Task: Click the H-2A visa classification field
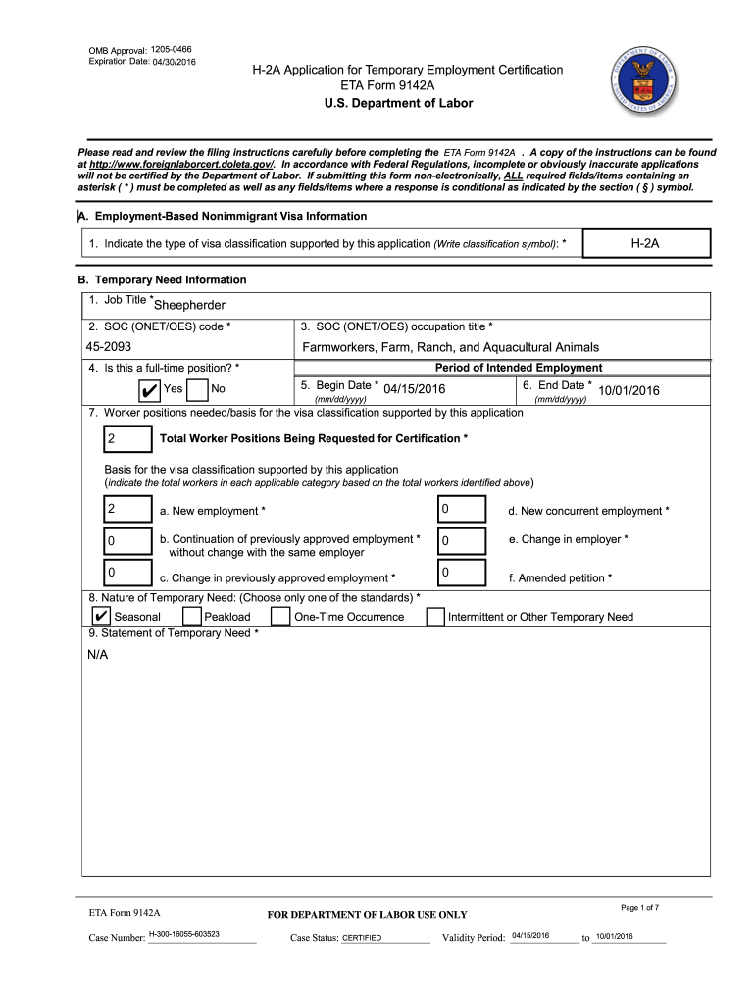click(x=644, y=243)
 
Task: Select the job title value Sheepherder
click(x=190, y=306)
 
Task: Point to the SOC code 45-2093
click(x=110, y=347)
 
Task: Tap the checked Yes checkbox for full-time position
click(x=149, y=391)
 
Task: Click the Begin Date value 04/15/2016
click(x=415, y=390)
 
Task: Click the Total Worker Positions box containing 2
click(x=127, y=438)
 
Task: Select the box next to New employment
click(x=127, y=510)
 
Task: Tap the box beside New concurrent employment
click(x=462, y=510)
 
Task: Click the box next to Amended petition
click(x=462, y=574)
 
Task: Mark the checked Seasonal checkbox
click(x=100, y=617)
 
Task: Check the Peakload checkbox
click(x=192, y=617)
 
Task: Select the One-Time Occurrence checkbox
click(x=280, y=617)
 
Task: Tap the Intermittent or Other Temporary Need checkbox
click(x=435, y=617)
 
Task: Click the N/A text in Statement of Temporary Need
click(x=98, y=655)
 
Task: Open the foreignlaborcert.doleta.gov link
click(x=181, y=165)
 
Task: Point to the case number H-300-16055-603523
click(x=183, y=935)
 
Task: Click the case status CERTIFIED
click(x=362, y=938)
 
